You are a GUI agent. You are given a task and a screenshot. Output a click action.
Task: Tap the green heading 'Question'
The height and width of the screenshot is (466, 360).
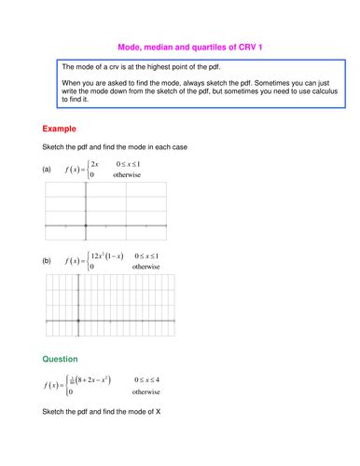[62, 358]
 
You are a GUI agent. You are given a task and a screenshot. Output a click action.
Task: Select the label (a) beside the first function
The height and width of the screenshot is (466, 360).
[48, 170]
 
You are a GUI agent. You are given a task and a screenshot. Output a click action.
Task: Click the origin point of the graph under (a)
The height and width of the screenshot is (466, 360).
[86, 226]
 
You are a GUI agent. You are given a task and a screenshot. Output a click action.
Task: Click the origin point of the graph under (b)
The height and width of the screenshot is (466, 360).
[79, 322]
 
